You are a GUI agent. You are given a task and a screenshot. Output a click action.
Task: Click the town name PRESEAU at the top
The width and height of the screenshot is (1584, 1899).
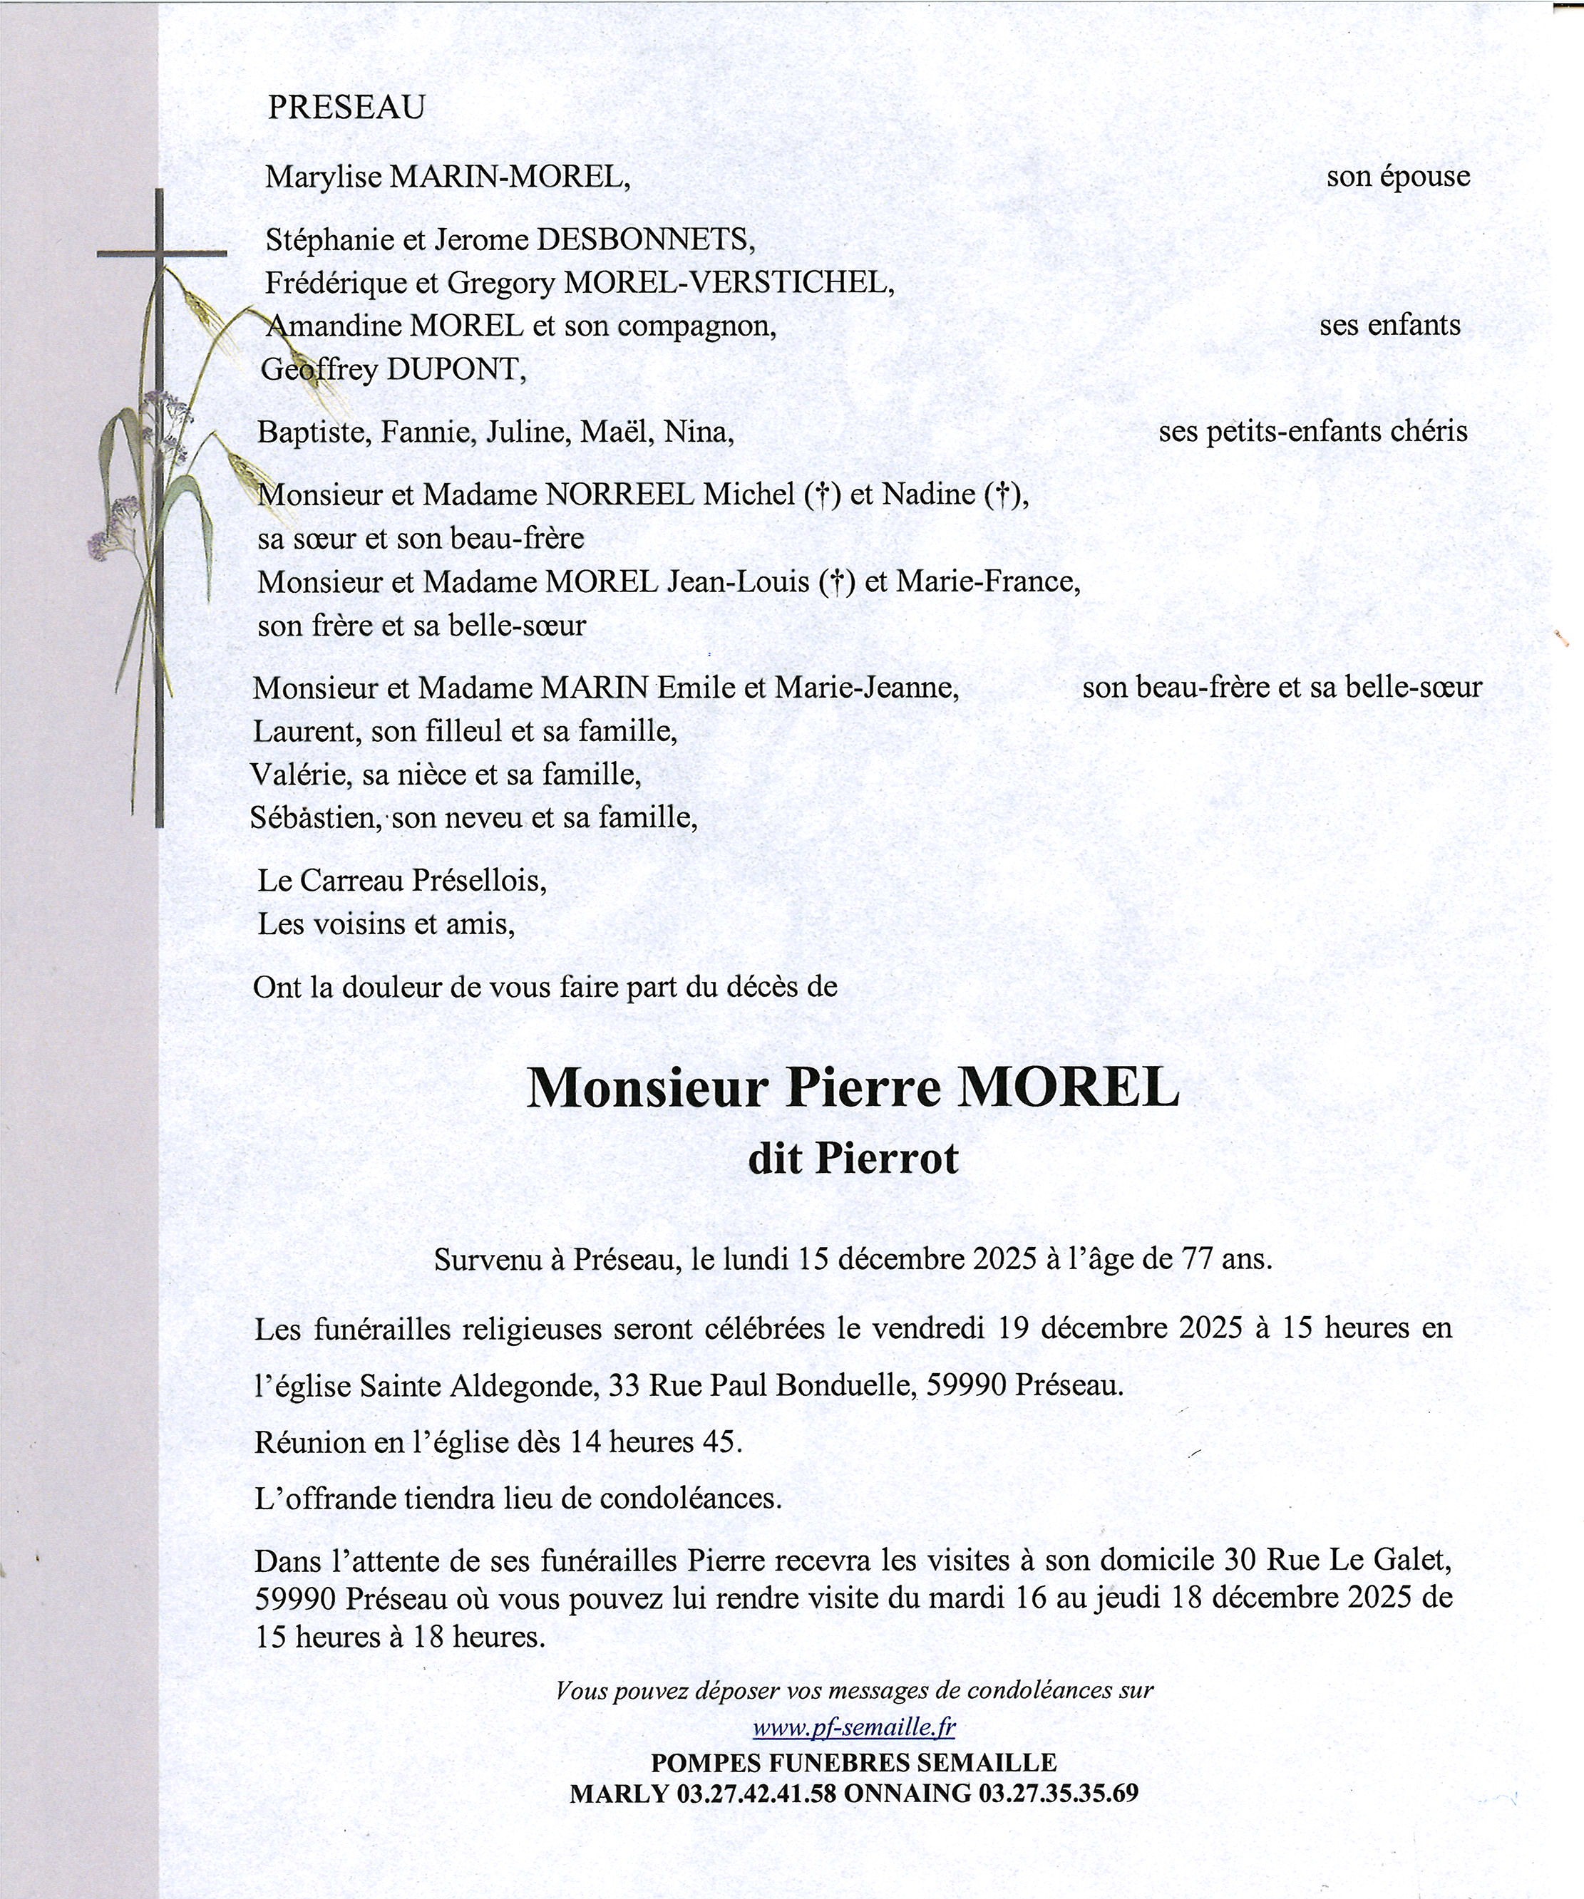click(x=346, y=108)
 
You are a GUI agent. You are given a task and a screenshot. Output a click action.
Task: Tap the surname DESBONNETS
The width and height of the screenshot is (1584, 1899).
click(x=644, y=239)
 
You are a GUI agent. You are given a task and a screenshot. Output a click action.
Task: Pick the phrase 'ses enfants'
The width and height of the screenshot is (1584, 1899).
click(x=1389, y=325)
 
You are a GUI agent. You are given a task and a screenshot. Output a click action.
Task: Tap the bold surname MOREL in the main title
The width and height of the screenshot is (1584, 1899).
click(x=1069, y=1089)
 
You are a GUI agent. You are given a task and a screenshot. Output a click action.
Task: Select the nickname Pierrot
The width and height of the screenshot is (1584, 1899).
click(x=887, y=1159)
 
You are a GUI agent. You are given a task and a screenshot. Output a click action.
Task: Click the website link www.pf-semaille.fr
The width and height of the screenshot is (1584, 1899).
click(x=853, y=1727)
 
